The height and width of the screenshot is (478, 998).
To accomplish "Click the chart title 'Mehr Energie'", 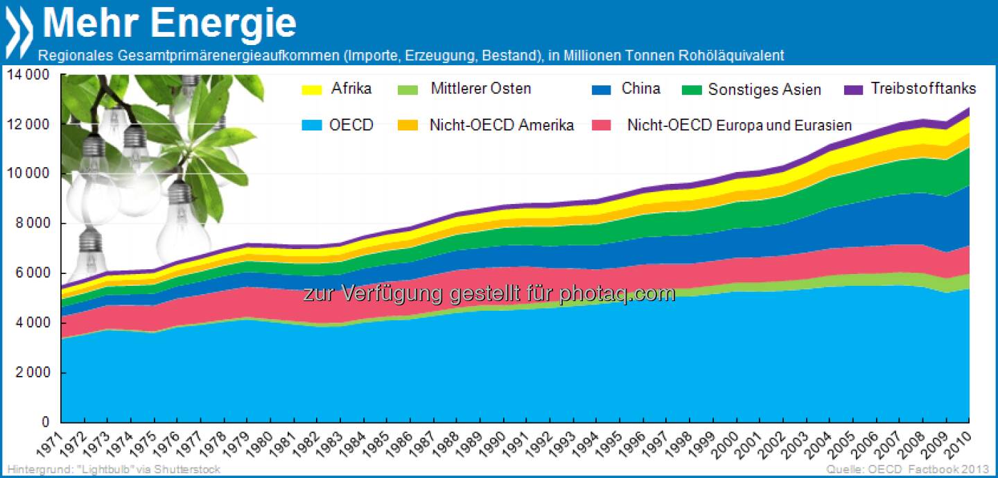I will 169,23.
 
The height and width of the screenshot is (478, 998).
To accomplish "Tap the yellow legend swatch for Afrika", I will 311,89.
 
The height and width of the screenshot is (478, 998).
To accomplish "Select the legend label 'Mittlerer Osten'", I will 480,89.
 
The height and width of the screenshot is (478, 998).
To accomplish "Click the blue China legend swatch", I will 600,89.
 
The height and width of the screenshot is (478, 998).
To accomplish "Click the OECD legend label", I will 352,126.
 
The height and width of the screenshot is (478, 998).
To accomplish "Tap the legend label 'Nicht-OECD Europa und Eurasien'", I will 739,126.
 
